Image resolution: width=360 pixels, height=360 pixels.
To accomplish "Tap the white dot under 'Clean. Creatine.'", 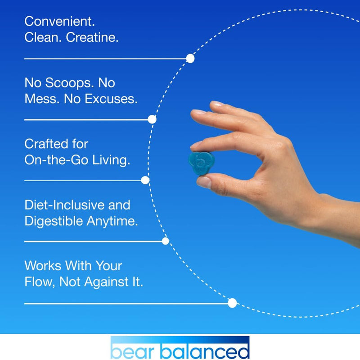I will coord(190,59).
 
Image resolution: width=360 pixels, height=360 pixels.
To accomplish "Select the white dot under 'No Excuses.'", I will coord(152,119).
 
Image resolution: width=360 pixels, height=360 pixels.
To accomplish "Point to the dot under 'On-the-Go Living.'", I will coord(145,180).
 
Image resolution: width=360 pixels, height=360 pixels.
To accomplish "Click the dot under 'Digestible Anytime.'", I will coord(165,241).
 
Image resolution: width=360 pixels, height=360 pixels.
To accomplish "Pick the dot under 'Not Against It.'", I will coord(232,303).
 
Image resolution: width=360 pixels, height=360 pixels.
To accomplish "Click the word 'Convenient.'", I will coord(60,22).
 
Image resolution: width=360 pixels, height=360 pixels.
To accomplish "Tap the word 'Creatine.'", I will coord(92,37).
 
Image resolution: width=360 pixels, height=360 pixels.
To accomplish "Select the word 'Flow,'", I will coord(41,282).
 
